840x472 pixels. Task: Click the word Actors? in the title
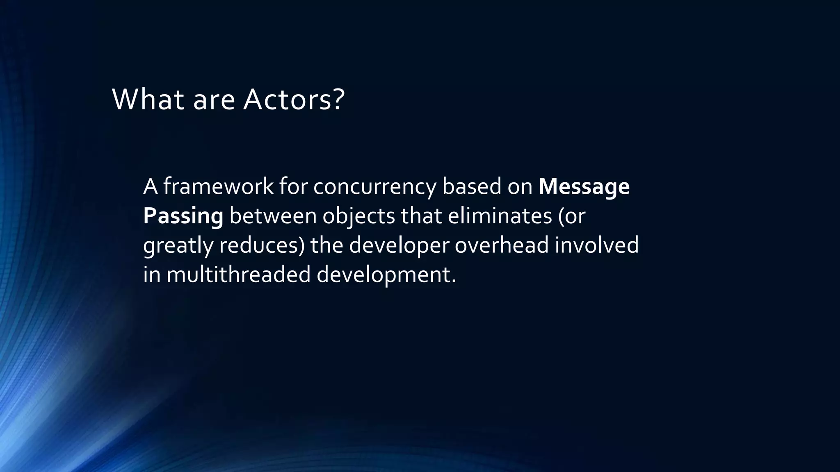294,100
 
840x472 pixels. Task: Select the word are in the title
214,100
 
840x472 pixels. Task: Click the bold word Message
584,186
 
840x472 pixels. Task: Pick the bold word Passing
183,216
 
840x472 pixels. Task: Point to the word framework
218,186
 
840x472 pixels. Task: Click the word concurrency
375,187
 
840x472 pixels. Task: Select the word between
272,216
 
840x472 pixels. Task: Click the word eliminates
500,216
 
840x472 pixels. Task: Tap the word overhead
501,245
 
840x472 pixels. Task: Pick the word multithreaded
238,275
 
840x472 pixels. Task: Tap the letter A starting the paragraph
151,186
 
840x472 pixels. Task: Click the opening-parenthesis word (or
571,216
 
